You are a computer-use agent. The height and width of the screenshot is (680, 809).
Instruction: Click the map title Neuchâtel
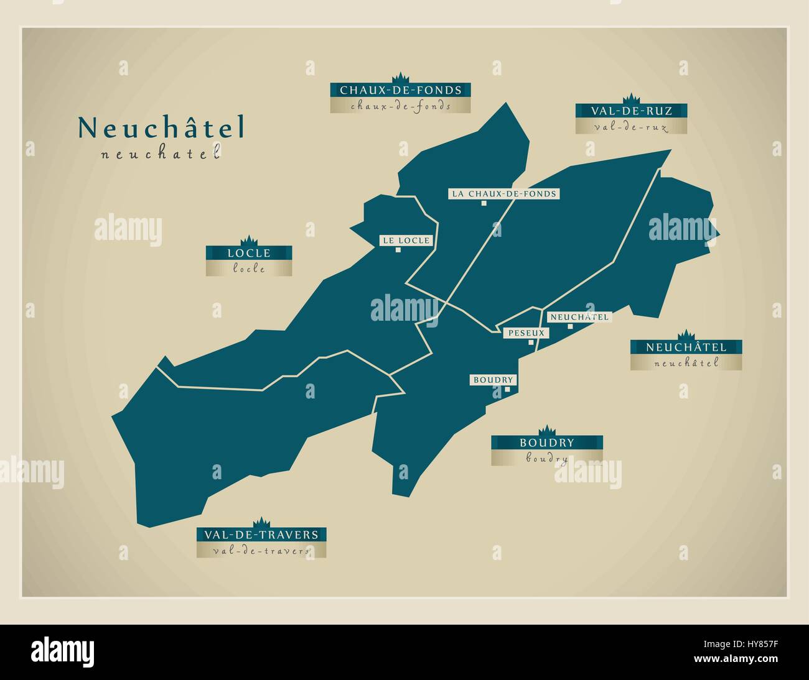coord(161,127)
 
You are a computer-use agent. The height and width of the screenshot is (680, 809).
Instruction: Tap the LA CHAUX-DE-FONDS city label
coord(504,193)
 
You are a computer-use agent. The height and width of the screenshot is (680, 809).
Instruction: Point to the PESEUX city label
coord(526,333)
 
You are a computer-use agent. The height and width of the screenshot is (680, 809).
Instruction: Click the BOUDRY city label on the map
coord(493,380)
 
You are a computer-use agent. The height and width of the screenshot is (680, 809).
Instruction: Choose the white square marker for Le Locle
coord(398,250)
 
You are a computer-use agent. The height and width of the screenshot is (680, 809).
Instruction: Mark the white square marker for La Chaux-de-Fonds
coord(484,203)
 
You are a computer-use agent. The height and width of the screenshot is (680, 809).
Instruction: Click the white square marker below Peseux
coord(530,342)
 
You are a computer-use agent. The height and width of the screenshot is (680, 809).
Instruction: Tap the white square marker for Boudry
coord(507,390)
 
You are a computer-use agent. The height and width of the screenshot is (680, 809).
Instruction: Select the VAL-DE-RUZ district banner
coord(631,111)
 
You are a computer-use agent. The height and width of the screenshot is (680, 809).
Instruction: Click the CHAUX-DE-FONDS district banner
coord(400,90)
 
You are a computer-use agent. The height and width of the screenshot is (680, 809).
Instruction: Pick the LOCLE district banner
coord(249,253)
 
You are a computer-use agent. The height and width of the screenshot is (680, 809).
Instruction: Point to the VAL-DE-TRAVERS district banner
coord(261,535)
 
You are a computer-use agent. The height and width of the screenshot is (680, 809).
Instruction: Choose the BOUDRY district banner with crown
coord(546,443)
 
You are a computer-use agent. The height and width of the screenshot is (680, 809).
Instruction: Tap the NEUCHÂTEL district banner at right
coord(686,347)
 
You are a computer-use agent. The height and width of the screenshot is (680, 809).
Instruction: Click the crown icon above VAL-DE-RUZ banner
coord(632,99)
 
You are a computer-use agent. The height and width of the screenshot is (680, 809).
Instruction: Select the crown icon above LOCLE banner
coord(249,241)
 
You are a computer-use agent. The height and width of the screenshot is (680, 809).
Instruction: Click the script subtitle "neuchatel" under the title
coord(161,154)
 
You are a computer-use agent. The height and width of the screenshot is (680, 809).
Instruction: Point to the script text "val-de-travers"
coord(261,551)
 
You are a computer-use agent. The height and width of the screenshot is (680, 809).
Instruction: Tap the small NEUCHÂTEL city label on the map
coord(578,317)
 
